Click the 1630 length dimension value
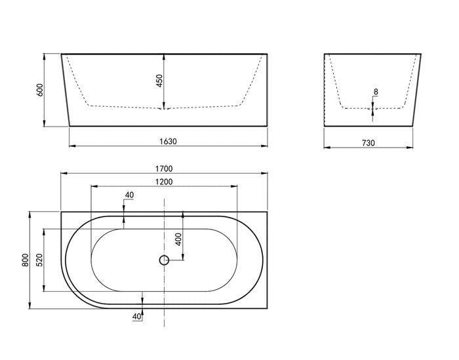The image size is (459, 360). [x=168, y=140]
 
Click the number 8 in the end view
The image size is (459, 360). [x=376, y=92]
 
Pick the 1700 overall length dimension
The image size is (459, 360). [x=164, y=169]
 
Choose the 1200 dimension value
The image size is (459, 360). [x=164, y=182]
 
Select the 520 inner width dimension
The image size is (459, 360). [x=39, y=260]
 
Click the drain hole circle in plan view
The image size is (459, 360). [x=164, y=260]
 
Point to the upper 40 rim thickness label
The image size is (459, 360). [x=129, y=195]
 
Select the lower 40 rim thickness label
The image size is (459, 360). [x=136, y=317]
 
